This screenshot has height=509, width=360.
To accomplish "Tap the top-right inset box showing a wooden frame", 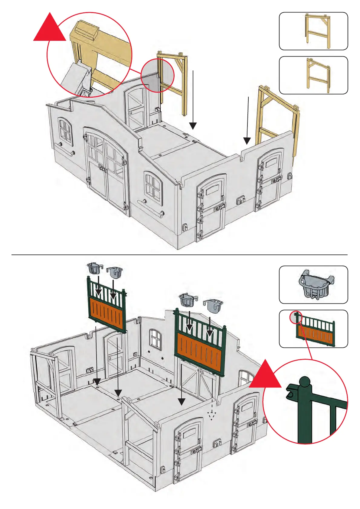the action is (313, 31).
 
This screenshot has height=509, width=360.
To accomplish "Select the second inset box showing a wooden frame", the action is (313, 75).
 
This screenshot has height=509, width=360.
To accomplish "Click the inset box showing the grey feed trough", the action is (313, 285).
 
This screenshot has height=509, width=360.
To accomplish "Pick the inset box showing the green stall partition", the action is (313, 329).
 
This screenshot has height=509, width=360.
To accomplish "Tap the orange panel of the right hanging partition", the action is (200, 349).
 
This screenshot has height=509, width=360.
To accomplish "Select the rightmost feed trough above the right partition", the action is (214, 305).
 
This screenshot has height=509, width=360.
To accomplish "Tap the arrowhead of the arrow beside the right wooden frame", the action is (247, 141).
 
